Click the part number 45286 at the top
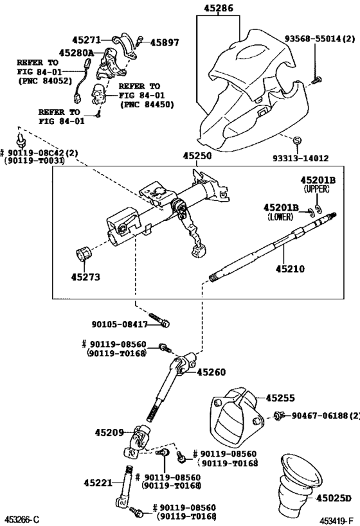coord(217,8)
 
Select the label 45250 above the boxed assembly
coord(197,156)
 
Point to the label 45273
coord(85,278)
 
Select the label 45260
coord(212,372)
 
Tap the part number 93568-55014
coord(321,39)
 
